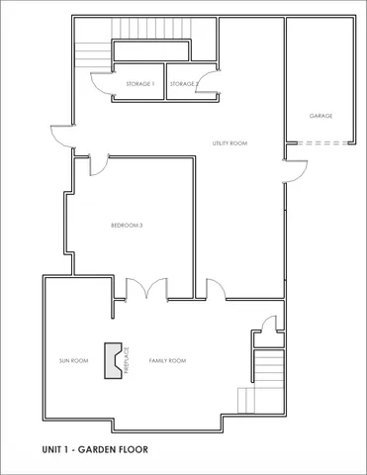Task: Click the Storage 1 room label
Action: pos(139,84)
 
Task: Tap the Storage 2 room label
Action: pos(183,84)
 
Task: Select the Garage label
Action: pos(320,116)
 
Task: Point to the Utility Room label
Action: pos(229,143)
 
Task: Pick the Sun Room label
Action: pos(74,361)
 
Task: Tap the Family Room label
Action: pos(167,361)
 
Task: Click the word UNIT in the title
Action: pos(54,449)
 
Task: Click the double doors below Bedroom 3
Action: pos(146,288)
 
